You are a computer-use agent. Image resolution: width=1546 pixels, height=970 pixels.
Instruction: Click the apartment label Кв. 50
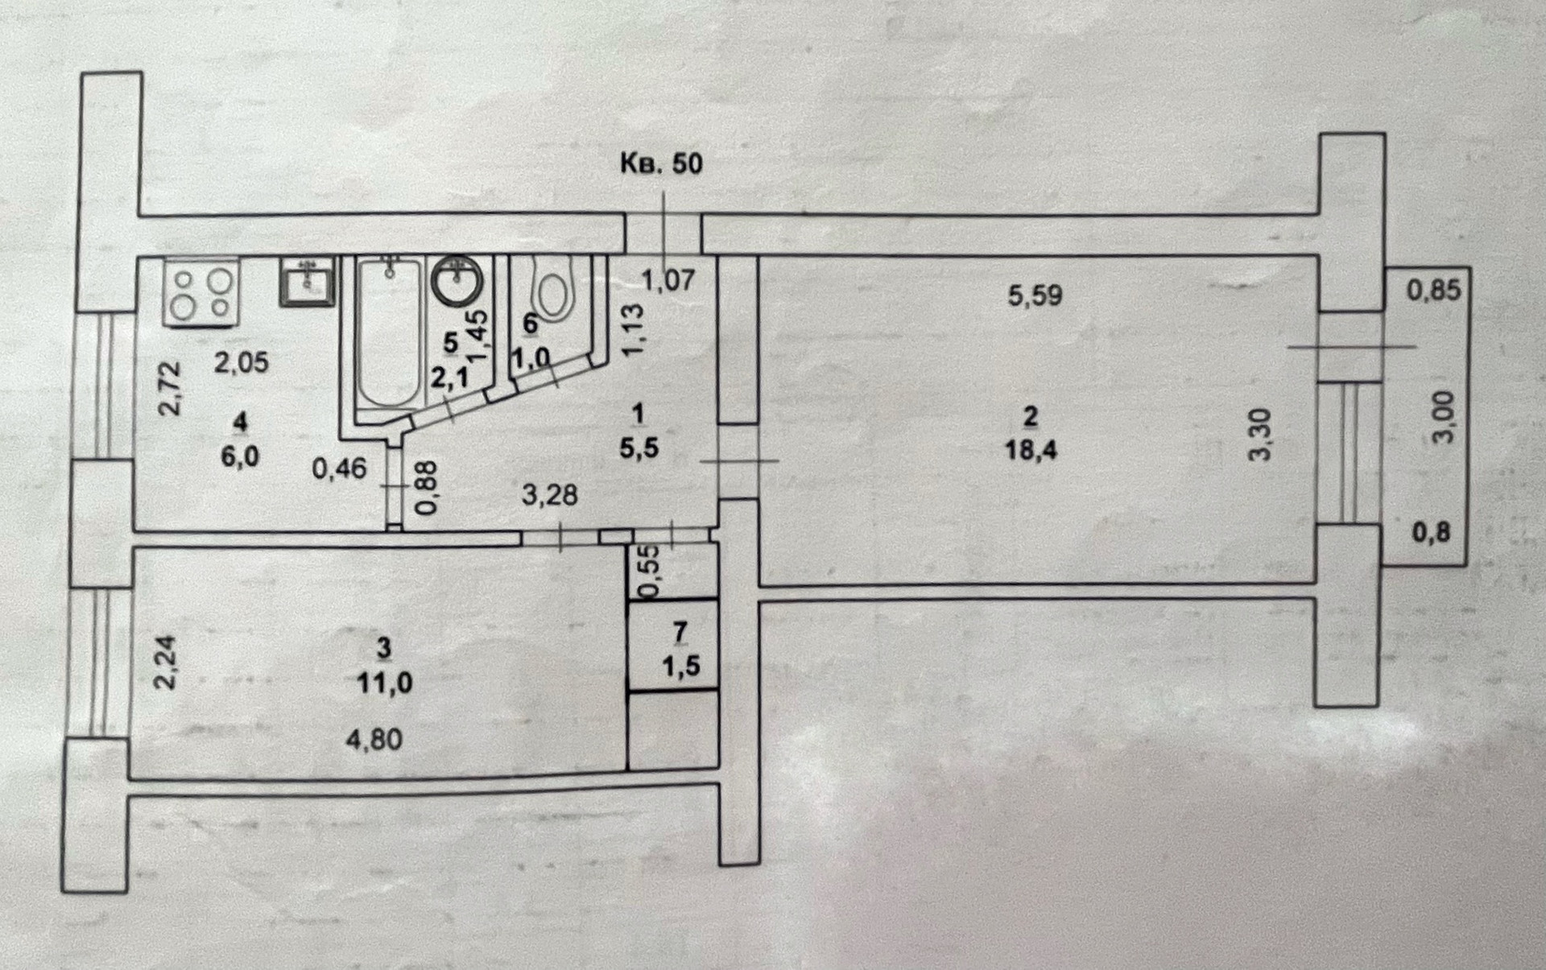click(x=660, y=163)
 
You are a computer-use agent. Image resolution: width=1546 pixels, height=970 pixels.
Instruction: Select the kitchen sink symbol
click(x=307, y=281)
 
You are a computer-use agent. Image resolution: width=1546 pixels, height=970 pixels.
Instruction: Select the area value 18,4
click(x=1031, y=449)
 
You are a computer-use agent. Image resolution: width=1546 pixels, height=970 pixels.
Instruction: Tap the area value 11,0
click(x=384, y=683)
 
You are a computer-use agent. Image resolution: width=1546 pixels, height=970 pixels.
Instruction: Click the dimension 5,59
click(x=1035, y=295)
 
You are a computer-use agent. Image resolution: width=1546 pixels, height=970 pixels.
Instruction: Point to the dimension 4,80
click(x=374, y=739)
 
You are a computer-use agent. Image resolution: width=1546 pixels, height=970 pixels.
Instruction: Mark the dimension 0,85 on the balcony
click(x=1433, y=290)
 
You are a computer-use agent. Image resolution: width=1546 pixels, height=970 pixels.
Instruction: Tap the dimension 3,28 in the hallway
click(x=549, y=494)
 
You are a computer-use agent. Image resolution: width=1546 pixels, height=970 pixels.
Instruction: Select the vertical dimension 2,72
click(x=170, y=388)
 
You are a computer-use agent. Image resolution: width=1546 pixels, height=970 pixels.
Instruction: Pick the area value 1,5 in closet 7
click(x=681, y=667)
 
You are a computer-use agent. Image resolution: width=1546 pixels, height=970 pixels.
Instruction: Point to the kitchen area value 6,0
click(x=240, y=456)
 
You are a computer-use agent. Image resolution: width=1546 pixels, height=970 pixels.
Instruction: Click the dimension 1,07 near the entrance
click(x=668, y=280)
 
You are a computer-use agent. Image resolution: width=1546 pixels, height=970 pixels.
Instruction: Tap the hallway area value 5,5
click(x=639, y=448)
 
